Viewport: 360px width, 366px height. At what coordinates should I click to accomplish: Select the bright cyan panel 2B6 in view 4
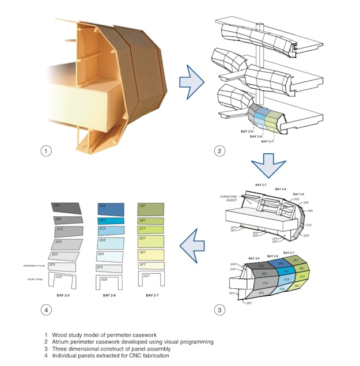(109, 220)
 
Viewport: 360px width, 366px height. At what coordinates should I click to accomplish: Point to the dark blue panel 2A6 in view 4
(110, 207)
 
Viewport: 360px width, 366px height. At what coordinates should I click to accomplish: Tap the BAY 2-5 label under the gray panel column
(62, 296)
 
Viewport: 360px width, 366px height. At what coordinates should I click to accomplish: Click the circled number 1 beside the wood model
(46, 152)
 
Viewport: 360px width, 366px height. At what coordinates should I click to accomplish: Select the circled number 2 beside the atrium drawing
(218, 152)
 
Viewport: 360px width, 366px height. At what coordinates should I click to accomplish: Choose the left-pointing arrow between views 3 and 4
(192, 247)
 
